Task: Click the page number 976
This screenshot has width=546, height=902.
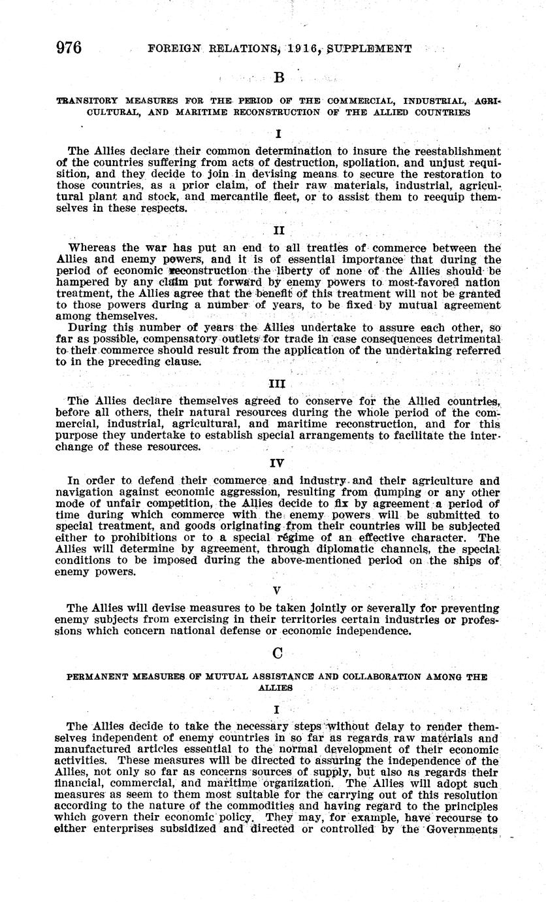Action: point(69,48)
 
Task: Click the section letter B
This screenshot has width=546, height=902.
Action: point(279,78)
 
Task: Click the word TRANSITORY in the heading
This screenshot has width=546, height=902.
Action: point(88,101)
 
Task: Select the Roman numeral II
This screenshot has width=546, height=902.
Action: point(278,231)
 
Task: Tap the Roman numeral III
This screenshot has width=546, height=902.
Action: point(278,384)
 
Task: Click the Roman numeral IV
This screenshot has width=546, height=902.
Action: point(278,463)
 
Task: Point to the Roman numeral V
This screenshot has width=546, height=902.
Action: point(277,590)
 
